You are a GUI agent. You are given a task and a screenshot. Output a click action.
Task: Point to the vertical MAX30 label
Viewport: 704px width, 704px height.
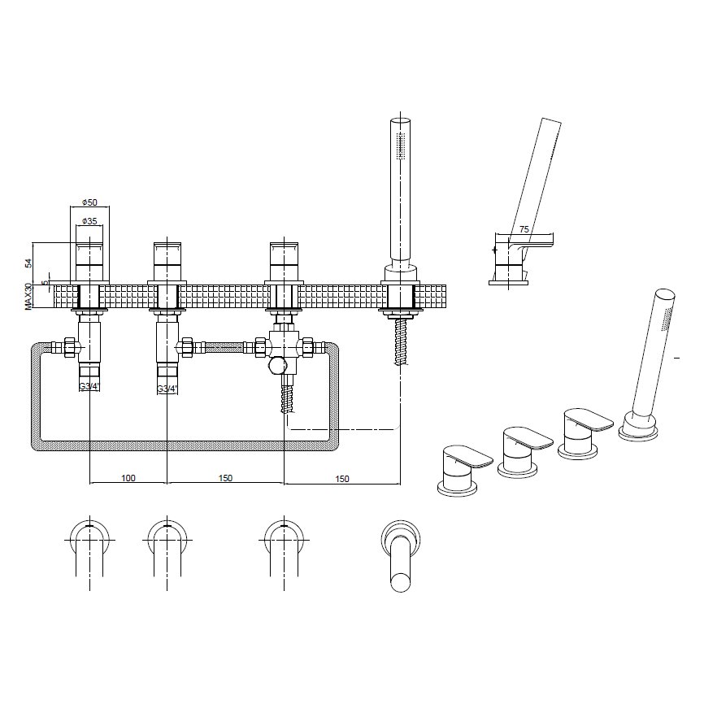tap(28, 295)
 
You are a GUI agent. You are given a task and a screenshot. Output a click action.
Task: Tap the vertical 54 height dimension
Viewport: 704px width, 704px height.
tap(28, 263)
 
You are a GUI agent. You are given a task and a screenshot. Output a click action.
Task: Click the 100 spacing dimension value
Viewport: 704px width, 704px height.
tap(128, 478)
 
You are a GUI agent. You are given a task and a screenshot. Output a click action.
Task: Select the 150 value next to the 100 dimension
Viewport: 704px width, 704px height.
tap(225, 478)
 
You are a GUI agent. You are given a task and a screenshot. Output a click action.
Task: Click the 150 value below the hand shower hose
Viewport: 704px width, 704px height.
tap(341, 479)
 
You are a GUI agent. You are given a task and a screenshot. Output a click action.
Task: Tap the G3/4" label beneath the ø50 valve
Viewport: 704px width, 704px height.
tap(89, 387)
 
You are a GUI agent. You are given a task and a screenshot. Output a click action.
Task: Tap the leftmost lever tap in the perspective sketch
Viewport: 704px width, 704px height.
tap(463, 467)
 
